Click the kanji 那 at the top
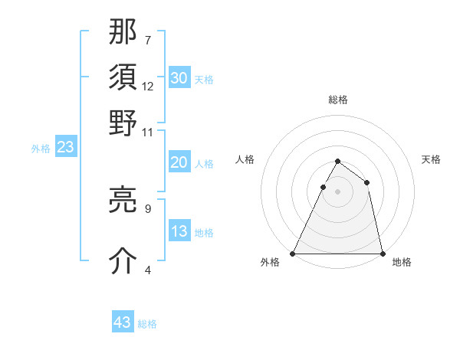[x=123, y=33]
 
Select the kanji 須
[x=123, y=79]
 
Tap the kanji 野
[x=123, y=125]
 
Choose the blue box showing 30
[x=179, y=77]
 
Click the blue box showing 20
[x=179, y=162]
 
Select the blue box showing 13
[x=179, y=231]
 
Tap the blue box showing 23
[x=65, y=148]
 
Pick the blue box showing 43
[x=123, y=322]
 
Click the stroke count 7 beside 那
[x=148, y=38]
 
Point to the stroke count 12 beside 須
[x=148, y=86]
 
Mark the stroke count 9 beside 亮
[x=148, y=208]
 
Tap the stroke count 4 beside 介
[x=148, y=269]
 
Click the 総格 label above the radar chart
[x=337, y=100]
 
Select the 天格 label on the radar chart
[x=432, y=159]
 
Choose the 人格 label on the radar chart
[x=245, y=159]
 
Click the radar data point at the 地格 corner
[x=382, y=253]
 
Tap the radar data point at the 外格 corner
[x=293, y=253]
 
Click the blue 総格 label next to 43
[x=147, y=324]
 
